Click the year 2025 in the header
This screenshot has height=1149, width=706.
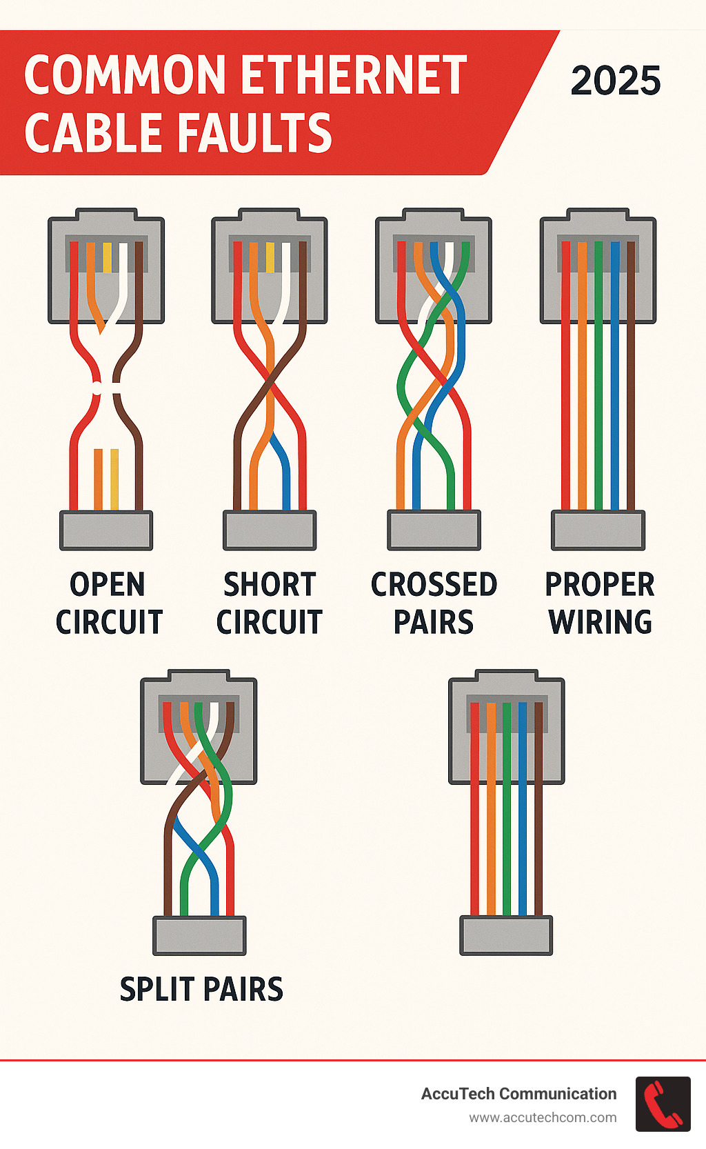616,81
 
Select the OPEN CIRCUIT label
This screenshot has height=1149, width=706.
108,603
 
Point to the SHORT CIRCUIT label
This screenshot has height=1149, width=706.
270,603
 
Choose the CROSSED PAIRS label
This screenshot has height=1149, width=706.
434,603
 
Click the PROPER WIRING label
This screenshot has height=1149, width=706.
599,603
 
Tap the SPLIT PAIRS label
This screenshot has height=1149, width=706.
201,989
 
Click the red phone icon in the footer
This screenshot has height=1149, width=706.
663,1103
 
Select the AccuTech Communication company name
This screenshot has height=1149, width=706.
518,1094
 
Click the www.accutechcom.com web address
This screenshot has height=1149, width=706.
543,1117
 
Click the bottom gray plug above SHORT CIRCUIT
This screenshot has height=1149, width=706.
270,530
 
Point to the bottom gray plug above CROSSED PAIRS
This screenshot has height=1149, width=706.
434,530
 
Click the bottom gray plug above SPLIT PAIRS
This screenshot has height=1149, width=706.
199,935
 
